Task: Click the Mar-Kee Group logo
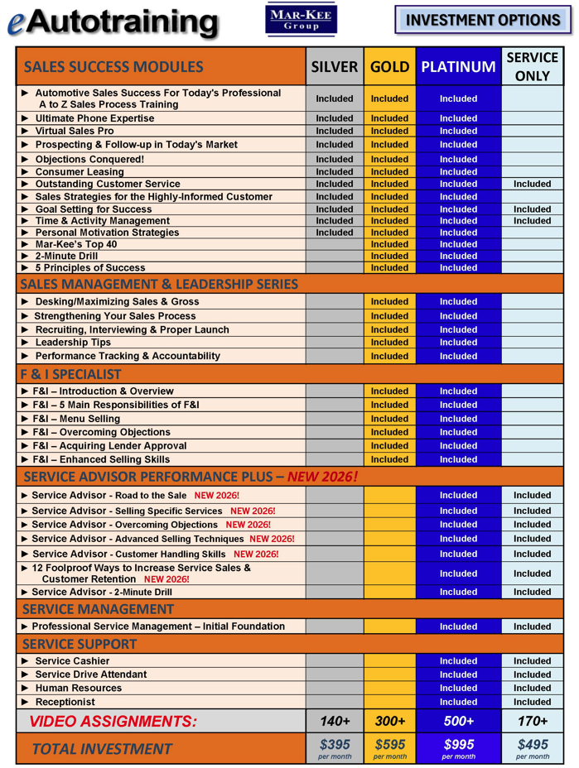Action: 302,20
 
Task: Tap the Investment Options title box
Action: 483,20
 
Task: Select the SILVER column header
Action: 335,67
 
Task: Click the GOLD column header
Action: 389,67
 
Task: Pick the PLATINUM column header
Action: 458,67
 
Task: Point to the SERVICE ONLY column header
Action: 532,67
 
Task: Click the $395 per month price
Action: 335,748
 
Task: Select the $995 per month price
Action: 458,748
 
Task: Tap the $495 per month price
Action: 532,748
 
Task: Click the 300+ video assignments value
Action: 389,721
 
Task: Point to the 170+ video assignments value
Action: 532,721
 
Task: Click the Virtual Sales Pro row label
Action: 75,131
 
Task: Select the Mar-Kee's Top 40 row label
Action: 76,244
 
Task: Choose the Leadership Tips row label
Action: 73,342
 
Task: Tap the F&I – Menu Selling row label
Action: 75,419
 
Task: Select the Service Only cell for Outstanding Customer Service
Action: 532,184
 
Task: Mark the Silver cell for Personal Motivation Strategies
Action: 335,233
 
